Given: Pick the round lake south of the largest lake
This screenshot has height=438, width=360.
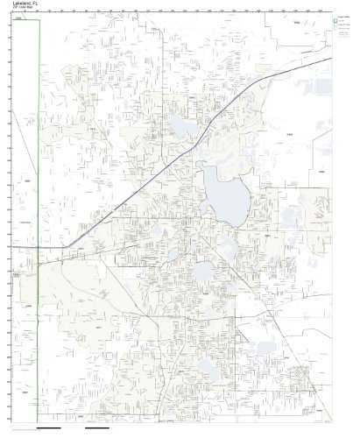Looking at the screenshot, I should [203, 272].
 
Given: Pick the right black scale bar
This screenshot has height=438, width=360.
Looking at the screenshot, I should [98, 430].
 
